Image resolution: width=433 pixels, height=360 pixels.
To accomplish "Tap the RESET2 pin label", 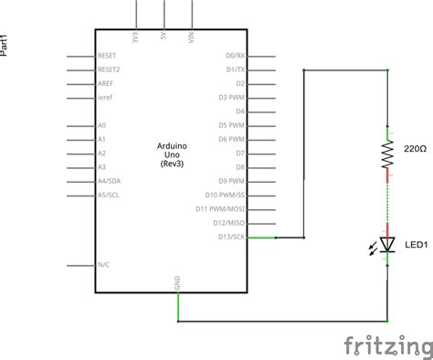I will pyautogui.click(x=110, y=69).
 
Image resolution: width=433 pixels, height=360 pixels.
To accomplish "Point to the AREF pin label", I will pyautogui.click(x=105, y=82).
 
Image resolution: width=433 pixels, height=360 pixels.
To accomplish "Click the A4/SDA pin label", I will pyautogui.click(x=110, y=181).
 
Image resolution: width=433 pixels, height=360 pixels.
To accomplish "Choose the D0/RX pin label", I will pyautogui.click(x=236, y=55).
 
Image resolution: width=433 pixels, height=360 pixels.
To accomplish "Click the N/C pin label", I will pyautogui.click(x=103, y=265).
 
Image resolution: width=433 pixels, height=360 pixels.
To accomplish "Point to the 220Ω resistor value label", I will pyautogui.click(x=415, y=147).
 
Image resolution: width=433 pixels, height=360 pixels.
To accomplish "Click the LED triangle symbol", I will pyautogui.click(x=387, y=244).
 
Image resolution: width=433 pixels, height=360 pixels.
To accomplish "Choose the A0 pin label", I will pyautogui.click(x=101, y=125).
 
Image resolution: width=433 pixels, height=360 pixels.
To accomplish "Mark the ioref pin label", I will pyautogui.click(x=103, y=97).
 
